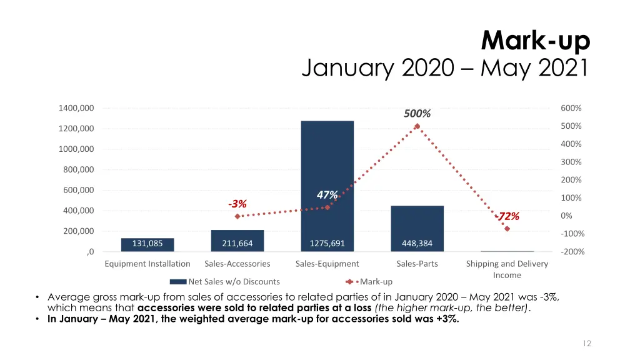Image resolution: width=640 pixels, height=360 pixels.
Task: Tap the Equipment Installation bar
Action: [x=147, y=244]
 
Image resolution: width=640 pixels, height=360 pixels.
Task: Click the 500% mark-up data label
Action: [x=417, y=114]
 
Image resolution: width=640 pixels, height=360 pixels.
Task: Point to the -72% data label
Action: [x=507, y=217]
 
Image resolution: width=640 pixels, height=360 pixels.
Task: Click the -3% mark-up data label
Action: [x=237, y=204]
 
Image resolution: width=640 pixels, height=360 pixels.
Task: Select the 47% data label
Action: [x=327, y=195]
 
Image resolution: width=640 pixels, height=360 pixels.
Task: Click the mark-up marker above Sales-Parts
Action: [x=417, y=127]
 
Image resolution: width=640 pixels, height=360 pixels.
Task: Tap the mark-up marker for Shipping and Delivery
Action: [x=507, y=229]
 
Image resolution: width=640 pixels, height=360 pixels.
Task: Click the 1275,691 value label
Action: [x=327, y=244]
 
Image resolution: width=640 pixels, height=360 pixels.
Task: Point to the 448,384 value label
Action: [x=417, y=244]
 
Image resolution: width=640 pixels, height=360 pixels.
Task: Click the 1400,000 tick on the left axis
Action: [x=76, y=108]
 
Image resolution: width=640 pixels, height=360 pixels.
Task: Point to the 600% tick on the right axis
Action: [x=571, y=108]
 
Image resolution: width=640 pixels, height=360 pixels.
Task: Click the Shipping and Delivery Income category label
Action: [x=507, y=269]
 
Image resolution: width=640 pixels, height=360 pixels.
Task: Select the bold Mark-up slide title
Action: [x=536, y=42]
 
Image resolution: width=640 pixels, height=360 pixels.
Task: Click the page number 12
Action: [x=586, y=343]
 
